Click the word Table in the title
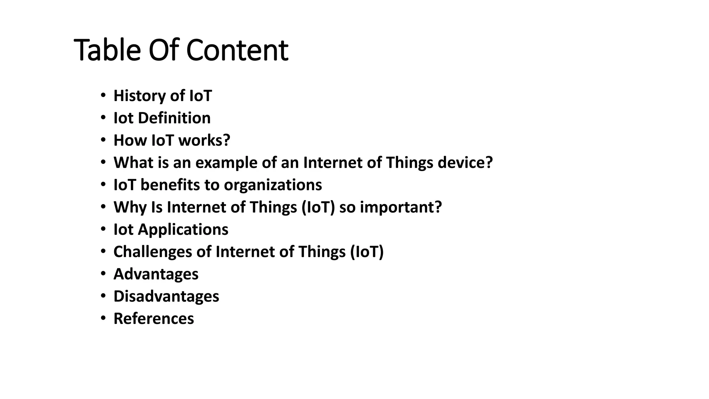pos(107,50)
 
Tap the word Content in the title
pos(237,50)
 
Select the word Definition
pos(174,118)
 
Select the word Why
pos(130,207)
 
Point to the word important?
pos(401,207)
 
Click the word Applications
pos(183,230)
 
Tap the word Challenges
pos(153,252)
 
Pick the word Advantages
pos(156,274)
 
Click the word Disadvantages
pos(166,296)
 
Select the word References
pos(154,319)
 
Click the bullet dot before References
pos(103,318)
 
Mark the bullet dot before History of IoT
pos(103,95)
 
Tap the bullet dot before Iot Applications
pos(103,229)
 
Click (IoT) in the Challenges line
pos(367,252)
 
